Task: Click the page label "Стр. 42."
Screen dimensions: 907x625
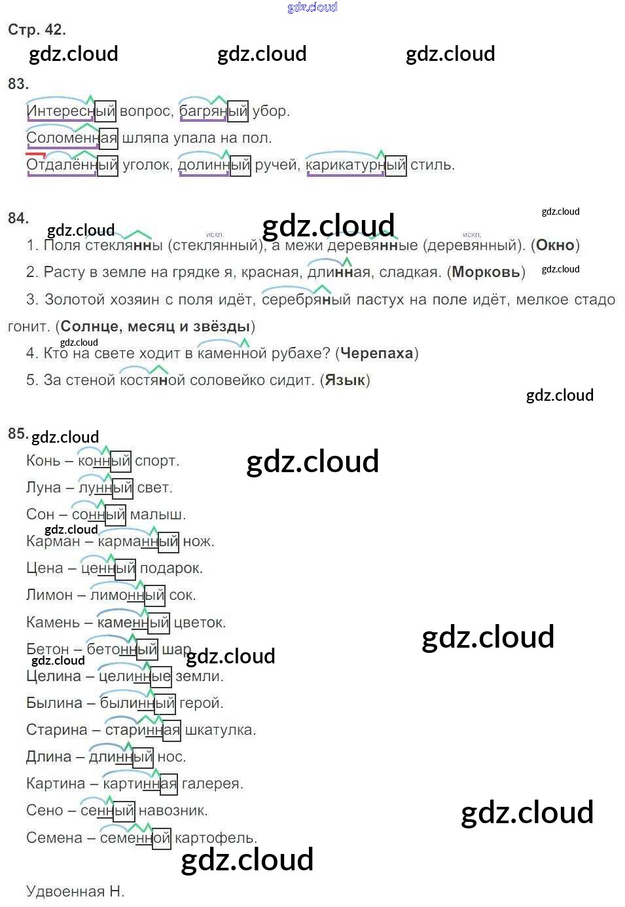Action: [x=37, y=29]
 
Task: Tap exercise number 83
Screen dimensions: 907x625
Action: [x=18, y=84]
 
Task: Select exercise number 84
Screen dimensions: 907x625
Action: [x=18, y=218]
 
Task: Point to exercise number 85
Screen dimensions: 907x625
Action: [x=18, y=434]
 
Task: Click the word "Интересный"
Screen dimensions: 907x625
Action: [x=71, y=111]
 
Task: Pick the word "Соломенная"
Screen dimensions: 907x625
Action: [x=71, y=138]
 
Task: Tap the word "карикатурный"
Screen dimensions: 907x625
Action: [x=355, y=165]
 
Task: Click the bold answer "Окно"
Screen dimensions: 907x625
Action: [x=555, y=246]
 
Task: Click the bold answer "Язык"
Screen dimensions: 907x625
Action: [x=345, y=380]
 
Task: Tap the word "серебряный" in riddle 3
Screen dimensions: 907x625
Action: [x=306, y=300]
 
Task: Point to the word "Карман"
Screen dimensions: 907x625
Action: [x=52, y=542]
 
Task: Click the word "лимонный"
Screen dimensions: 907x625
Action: [x=127, y=595]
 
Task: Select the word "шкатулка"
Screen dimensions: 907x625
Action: [x=220, y=730]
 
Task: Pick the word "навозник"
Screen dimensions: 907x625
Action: [x=173, y=811]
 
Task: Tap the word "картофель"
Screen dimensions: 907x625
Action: [x=215, y=838]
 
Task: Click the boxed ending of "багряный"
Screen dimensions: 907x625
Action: [x=238, y=111]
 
